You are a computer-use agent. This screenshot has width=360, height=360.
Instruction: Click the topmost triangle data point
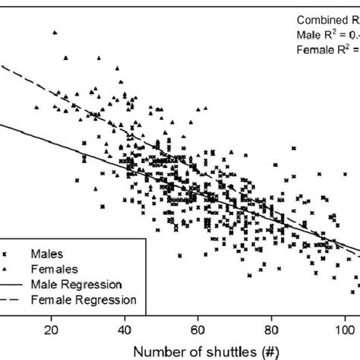coord(55,33)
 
